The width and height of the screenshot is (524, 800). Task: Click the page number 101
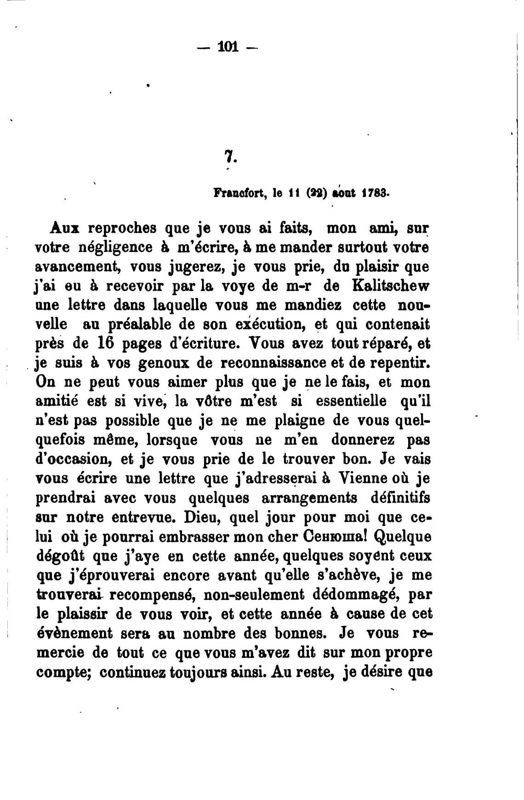pos(228,46)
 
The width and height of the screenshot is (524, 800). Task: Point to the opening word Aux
pos(63,228)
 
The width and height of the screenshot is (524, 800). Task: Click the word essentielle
pos(351,401)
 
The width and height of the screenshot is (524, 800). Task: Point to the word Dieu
pos(200,517)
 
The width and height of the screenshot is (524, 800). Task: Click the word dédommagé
pos(352,595)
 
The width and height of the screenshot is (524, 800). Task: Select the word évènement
pos(74,634)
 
